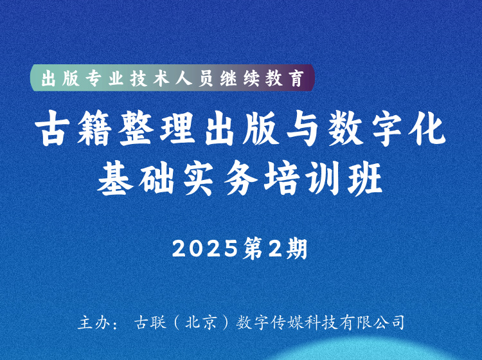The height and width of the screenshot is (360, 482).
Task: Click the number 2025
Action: pos(205,249)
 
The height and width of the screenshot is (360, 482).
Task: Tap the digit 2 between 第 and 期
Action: pos(275,249)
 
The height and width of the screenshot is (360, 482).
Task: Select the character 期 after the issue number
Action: pos(297,249)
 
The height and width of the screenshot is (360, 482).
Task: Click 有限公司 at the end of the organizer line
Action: pos(373,323)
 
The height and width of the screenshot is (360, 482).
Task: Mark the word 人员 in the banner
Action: pos(194,78)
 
